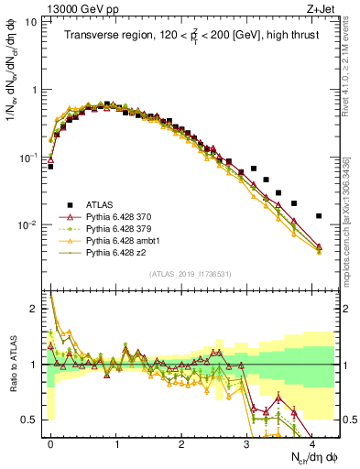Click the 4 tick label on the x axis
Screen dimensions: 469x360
pyautogui.click(x=312, y=442)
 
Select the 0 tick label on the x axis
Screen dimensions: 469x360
pyautogui.click(x=50, y=442)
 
